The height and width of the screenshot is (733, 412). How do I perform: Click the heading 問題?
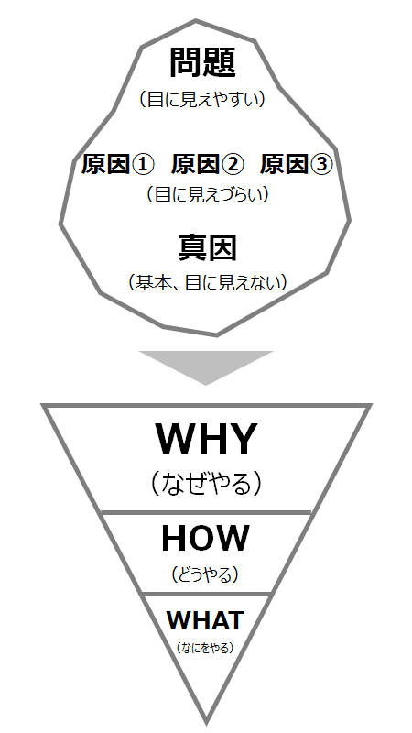click(x=202, y=62)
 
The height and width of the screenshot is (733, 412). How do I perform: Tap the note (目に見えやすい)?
click(x=202, y=99)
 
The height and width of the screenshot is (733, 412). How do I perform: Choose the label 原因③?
click(x=296, y=165)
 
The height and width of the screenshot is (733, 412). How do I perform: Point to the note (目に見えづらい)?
click(x=209, y=194)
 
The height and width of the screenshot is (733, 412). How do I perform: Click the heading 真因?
click(x=208, y=248)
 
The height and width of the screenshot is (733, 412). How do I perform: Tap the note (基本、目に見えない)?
click(x=208, y=282)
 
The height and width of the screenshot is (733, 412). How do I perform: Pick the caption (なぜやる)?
click(x=206, y=485)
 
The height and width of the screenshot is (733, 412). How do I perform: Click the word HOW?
click(x=205, y=538)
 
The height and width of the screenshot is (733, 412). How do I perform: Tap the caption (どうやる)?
click(x=205, y=574)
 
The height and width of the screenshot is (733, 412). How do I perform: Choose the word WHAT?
click(x=205, y=620)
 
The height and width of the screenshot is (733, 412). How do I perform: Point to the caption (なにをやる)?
click(x=205, y=648)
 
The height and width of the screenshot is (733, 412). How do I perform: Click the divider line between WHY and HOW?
click(x=206, y=513)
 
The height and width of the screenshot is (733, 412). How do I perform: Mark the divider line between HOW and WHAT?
click(x=207, y=594)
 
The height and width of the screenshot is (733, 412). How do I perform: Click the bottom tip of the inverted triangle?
click(x=206, y=723)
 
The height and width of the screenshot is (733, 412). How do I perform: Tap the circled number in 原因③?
click(x=321, y=165)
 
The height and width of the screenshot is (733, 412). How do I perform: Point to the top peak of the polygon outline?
click(x=195, y=20)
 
